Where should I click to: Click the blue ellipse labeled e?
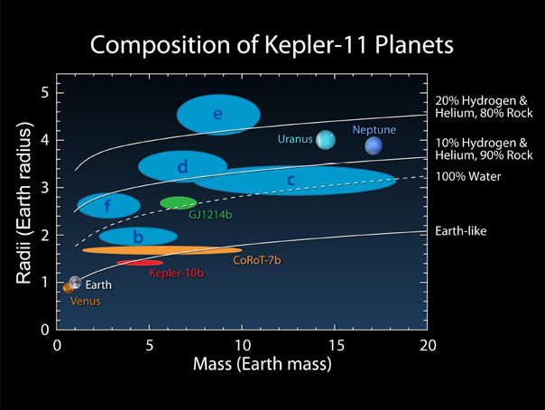click(x=218, y=115)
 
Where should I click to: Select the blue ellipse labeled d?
click(x=183, y=166)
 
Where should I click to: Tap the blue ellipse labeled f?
click(x=109, y=206)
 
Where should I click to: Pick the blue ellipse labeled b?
click(x=138, y=237)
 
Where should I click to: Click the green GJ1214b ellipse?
click(x=179, y=202)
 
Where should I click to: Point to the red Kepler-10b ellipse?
click(x=140, y=263)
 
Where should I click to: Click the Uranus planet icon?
click(x=326, y=140)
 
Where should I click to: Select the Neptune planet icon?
click(x=374, y=145)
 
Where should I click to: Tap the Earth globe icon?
click(x=75, y=283)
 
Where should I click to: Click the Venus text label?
click(x=86, y=301)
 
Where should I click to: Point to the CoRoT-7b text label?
click(x=257, y=260)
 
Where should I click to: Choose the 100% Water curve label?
click(x=467, y=176)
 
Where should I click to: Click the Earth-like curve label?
click(x=461, y=231)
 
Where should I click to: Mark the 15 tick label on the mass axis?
click(x=337, y=345)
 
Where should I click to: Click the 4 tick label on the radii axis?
click(x=45, y=141)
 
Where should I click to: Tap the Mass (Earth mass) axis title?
click(x=263, y=364)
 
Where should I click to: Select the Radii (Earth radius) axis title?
click(x=24, y=203)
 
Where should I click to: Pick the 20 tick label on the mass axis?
click(x=428, y=345)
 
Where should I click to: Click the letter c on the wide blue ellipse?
click(x=291, y=180)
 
